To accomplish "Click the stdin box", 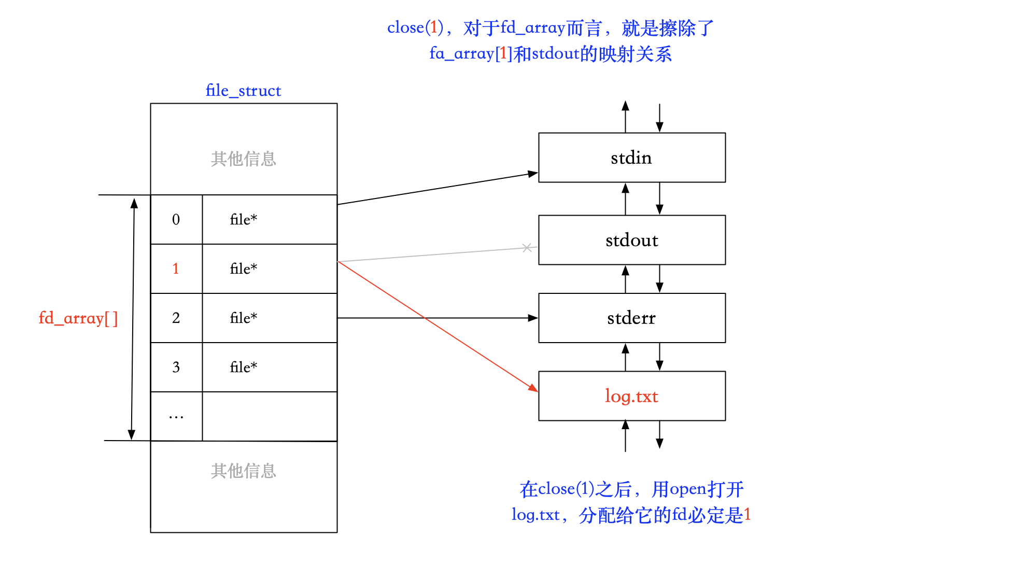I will [631, 158].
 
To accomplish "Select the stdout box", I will [631, 240].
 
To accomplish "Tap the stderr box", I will [631, 318].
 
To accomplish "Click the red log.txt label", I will [631, 396].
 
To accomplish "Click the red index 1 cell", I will [176, 268].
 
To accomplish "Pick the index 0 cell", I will [176, 219].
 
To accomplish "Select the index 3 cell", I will [176, 367].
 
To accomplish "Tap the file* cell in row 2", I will [244, 318].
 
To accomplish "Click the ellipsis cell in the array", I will [176, 416].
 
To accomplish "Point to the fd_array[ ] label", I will [78, 318].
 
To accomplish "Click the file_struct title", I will [243, 91].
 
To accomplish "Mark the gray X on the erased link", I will [527, 248].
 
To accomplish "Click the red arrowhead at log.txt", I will [533, 388].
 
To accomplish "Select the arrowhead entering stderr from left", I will [533, 318].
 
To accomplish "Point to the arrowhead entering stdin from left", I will [532, 174].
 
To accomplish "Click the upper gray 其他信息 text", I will [243, 159].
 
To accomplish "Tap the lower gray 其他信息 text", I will [243, 471].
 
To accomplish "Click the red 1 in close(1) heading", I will [434, 27].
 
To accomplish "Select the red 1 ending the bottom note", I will [747, 515].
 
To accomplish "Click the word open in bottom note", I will [687, 489].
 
